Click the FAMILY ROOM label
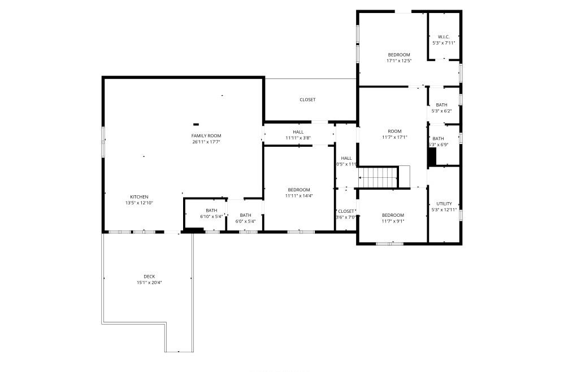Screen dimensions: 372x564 click(x=206, y=135)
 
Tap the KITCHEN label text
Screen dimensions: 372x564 click(x=139, y=197)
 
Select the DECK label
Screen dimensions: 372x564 click(x=149, y=277)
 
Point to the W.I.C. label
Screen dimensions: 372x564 click(x=444, y=37)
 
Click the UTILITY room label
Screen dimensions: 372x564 click(x=444, y=204)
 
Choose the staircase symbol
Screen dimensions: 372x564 click(x=378, y=177)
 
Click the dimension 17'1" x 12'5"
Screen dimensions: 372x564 click(x=398, y=60)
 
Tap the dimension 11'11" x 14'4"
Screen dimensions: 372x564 click(x=298, y=196)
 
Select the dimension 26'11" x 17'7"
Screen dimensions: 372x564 click(x=206, y=142)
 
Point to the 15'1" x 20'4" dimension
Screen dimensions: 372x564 click(x=149, y=283)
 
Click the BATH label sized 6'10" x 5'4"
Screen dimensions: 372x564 click(x=211, y=211)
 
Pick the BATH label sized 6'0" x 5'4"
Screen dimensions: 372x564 click(x=245, y=215)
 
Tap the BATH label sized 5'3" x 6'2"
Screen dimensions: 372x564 click(x=441, y=105)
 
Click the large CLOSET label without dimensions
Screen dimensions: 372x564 click(x=307, y=100)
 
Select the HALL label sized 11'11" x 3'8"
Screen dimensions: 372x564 click(x=298, y=132)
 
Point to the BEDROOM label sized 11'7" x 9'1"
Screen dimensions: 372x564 click(x=393, y=215)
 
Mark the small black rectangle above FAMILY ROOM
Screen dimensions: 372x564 click(x=196, y=124)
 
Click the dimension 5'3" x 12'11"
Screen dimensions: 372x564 click(x=444, y=210)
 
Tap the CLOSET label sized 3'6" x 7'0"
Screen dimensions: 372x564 click(x=346, y=211)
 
